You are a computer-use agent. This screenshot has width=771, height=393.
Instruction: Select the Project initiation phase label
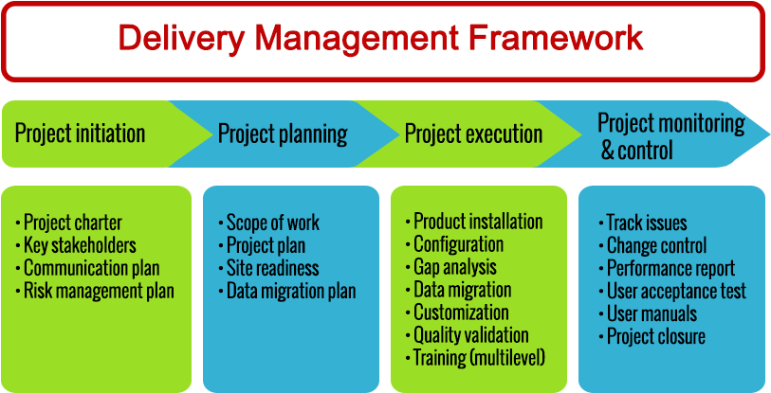tap(81, 133)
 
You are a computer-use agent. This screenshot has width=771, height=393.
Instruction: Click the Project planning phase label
tap(283, 134)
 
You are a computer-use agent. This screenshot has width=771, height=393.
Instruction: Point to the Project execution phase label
tap(473, 134)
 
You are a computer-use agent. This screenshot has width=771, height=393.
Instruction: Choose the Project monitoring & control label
tap(670, 136)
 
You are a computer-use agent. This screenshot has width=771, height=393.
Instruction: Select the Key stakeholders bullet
tap(80, 246)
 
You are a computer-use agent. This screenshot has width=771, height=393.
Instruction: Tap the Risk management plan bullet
tap(99, 292)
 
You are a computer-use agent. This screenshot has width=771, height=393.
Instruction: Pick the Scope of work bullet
tap(273, 223)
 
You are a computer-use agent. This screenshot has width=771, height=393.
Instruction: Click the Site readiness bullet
tap(272, 269)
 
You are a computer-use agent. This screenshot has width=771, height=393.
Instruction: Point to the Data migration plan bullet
tap(291, 292)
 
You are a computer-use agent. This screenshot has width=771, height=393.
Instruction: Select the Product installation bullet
tap(478, 222)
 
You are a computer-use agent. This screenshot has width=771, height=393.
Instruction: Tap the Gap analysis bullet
tap(455, 267)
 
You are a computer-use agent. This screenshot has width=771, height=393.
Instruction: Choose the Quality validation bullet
tap(471, 335)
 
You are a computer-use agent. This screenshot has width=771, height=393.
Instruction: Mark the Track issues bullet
tap(647, 223)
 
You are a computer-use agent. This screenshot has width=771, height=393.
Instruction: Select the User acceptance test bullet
tap(676, 292)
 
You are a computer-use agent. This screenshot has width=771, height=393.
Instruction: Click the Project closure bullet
tap(656, 337)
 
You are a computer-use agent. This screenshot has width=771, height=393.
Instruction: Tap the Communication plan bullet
tap(91, 269)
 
